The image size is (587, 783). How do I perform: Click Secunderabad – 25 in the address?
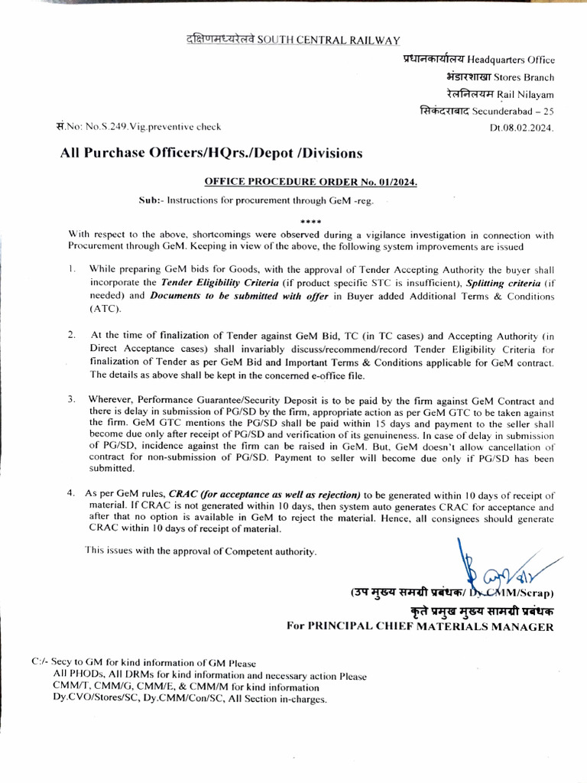tap(513, 112)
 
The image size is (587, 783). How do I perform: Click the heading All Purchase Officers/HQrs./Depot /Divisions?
tap(212, 154)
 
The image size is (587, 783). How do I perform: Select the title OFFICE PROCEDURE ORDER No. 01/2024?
tap(311, 182)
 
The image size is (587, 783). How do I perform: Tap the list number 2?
tap(71, 335)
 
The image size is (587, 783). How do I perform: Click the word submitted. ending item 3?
tap(112, 469)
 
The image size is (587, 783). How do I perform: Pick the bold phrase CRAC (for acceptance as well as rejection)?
tap(264, 494)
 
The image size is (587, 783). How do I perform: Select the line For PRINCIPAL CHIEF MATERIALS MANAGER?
tap(420, 625)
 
